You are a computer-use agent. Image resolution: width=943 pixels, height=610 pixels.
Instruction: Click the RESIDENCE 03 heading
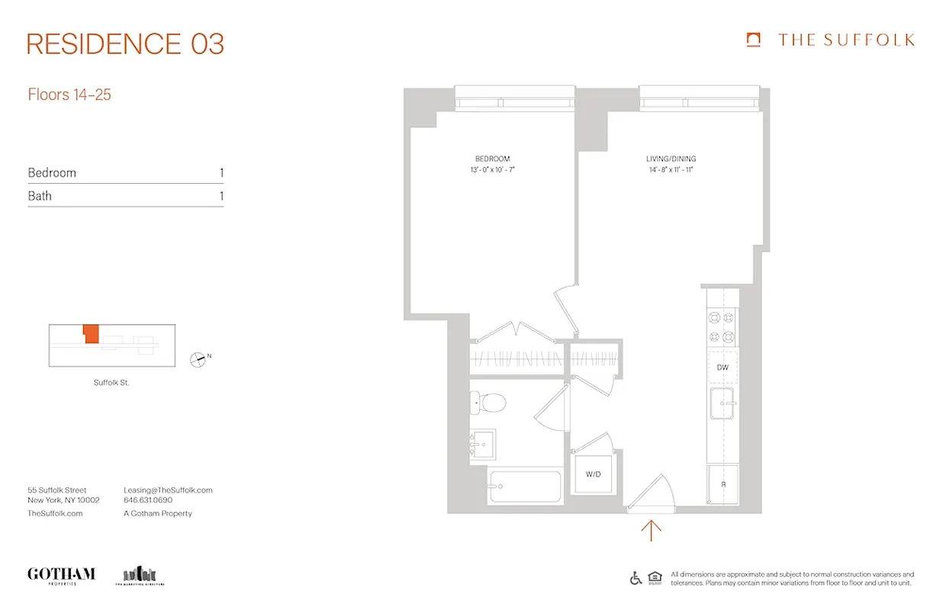[125, 44]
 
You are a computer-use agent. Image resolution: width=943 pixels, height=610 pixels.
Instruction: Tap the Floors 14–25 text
[69, 95]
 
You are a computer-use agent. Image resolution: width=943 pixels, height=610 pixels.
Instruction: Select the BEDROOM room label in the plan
[492, 159]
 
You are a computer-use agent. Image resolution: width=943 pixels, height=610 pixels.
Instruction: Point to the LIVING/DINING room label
[670, 159]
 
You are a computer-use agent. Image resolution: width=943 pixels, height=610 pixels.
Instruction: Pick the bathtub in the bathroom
[525, 486]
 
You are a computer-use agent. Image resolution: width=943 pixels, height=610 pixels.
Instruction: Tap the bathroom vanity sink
[482, 443]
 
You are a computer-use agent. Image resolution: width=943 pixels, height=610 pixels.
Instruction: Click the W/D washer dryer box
[594, 474]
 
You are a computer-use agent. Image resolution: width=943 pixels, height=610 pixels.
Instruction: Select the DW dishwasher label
[723, 368]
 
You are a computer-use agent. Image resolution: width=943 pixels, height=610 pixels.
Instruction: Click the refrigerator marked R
[723, 484]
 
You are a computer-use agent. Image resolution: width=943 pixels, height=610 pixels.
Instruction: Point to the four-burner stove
[722, 327]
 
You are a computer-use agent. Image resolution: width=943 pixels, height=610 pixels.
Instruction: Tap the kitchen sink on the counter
[722, 403]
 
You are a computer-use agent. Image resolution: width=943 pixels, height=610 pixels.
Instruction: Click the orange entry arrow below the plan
[651, 529]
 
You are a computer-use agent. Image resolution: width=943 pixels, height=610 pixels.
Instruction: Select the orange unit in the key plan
[91, 333]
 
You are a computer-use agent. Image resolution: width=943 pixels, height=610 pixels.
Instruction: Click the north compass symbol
[198, 358]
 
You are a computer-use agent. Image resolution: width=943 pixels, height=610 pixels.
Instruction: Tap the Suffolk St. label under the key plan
[111, 383]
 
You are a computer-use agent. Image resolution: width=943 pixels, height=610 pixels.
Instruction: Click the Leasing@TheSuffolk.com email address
[168, 490]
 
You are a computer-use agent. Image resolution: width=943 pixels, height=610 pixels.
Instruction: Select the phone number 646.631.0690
[148, 500]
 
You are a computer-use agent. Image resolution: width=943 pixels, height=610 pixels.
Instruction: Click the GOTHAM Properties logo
[61, 575]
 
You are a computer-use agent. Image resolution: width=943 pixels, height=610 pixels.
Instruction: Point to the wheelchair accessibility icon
[636, 578]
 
